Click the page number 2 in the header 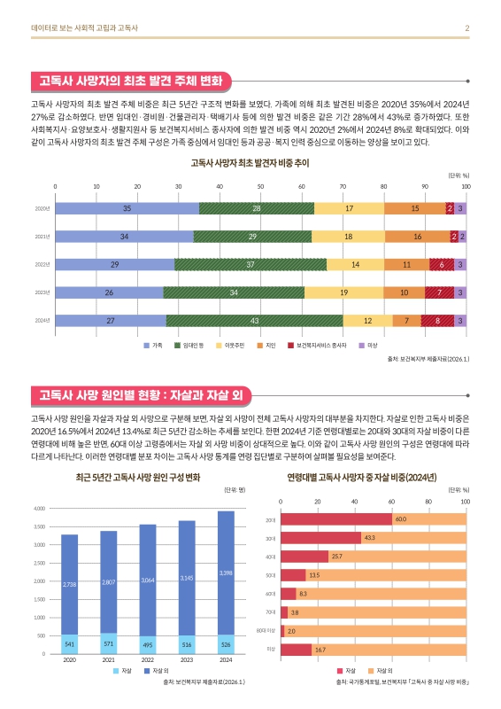point(466,28)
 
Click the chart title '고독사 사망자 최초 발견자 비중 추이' point(250,164)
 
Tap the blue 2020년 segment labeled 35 point(127,208)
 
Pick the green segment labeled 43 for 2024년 point(254,320)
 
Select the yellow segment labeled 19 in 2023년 point(343,292)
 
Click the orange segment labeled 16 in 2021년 point(418,237)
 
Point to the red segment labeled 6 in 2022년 point(442,264)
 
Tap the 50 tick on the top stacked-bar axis point(261,187)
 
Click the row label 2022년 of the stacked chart point(42,264)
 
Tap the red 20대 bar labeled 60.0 point(336,518)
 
